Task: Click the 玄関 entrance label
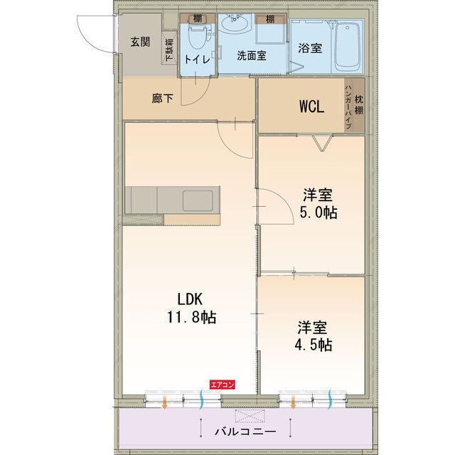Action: coord(140,41)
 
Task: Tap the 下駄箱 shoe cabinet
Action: coord(170,50)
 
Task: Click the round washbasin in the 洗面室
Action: coord(234,26)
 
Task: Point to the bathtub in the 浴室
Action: coord(348,45)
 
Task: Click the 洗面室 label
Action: coord(251,56)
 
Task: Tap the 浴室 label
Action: coord(311,48)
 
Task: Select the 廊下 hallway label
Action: coord(162,99)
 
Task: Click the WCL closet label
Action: coord(311,107)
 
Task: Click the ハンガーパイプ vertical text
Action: coord(348,106)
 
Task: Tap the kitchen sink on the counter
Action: coord(198,200)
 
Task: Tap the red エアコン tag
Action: coord(222,385)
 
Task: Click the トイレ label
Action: coord(197,60)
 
